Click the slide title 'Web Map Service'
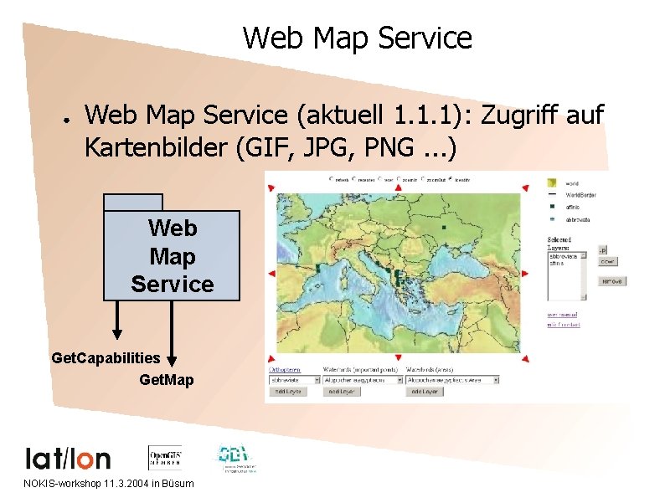pyautogui.click(x=358, y=39)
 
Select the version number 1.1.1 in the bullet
pyautogui.click(x=426, y=114)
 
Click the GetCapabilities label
pyautogui.click(x=106, y=358)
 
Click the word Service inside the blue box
pyautogui.click(x=173, y=284)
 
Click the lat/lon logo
pyautogui.click(x=68, y=459)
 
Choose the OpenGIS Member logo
pyautogui.click(x=165, y=457)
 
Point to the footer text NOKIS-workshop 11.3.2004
pyautogui.click(x=109, y=484)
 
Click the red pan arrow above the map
pyautogui.click(x=399, y=188)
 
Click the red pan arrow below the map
pyautogui.click(x=399, y=358)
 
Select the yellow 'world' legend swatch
pyautogui.click(x=553, y=182)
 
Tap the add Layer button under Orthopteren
pyautogui.click(x=289, y=391)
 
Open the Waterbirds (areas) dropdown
pyautogui.click(x=452, y=379)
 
